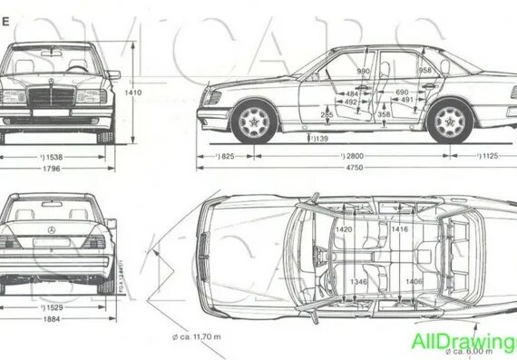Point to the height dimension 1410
[132, 92]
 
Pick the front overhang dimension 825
[224, 156]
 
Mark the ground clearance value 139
[318, 139]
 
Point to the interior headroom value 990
[364, 71]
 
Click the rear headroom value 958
[424, 71]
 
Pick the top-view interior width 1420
[343, 231]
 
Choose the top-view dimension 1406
[414, 282]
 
